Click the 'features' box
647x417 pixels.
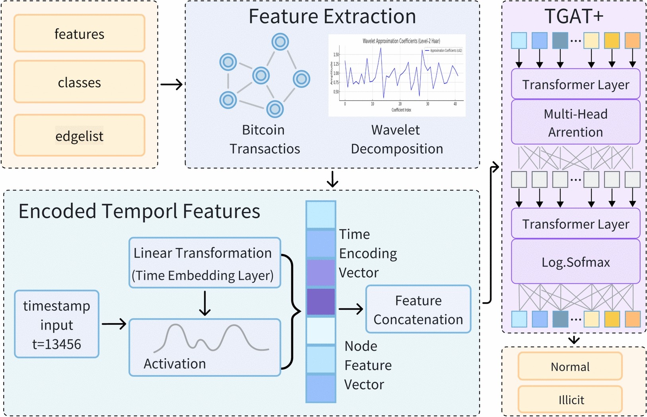(79, 34)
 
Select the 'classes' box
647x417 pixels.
(79, 82)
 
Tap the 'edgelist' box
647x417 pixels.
(79, 136)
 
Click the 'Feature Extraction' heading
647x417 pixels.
(332, 17)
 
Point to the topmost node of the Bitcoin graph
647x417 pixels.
(280, 42)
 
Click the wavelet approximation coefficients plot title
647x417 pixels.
(401, 41)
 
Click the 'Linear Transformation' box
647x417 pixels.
(204, 263)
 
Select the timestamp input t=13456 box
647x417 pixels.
(56, 324)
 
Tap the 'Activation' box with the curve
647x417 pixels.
(204, 347)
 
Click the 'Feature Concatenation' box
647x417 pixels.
(418, 309)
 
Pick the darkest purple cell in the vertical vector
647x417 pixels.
(321, 302)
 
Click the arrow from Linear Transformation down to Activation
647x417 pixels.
(204, 303)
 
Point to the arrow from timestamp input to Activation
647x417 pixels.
(114, 324)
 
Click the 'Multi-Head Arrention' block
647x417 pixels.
(575, 122)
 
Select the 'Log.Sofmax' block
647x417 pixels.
(575, 262)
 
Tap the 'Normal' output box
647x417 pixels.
(570, 367)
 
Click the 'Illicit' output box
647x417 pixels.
(570, 400)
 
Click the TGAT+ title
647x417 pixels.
(574, 17)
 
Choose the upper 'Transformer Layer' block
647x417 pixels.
(575, 84)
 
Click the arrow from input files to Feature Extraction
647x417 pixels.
(171, 84)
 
